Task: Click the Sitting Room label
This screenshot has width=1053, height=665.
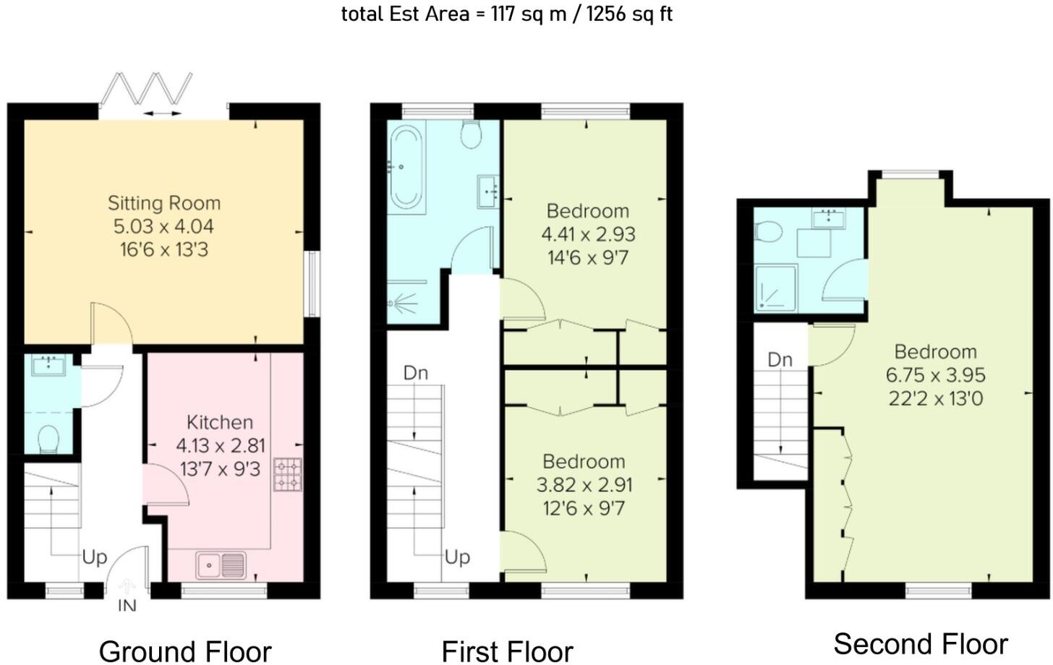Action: pos(164,203)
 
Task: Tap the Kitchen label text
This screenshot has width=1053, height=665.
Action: pos(220,422)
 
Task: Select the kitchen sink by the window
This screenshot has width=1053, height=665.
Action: pos(221,565)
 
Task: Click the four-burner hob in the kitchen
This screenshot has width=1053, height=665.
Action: pos(288,475)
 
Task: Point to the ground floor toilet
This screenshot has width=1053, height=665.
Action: pos(48,439)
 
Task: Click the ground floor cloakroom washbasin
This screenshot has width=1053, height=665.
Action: pos(48,366)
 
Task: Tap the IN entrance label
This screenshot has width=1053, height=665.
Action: pos(127,606)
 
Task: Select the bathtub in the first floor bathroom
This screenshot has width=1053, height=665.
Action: pos(406,168)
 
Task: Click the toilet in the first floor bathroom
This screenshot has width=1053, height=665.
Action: pos(471,134)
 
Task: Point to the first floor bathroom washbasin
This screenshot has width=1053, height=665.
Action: pos(488,192)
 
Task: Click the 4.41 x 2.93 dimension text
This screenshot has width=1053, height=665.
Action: pos(588,234)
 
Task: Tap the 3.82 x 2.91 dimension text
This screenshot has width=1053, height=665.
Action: pos(584,485)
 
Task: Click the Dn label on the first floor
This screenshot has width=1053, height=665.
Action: pos(416,373)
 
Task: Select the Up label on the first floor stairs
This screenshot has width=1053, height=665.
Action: pos(457,558)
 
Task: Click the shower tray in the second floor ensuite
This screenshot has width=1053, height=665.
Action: pos(775,288)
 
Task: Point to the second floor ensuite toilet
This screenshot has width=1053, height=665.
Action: pos(768,232)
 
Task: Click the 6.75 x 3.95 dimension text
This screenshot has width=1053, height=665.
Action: pos(936,375)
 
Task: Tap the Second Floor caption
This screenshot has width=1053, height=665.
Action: pos(921,644)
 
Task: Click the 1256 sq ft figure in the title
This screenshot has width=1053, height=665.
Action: pos(629,14)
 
